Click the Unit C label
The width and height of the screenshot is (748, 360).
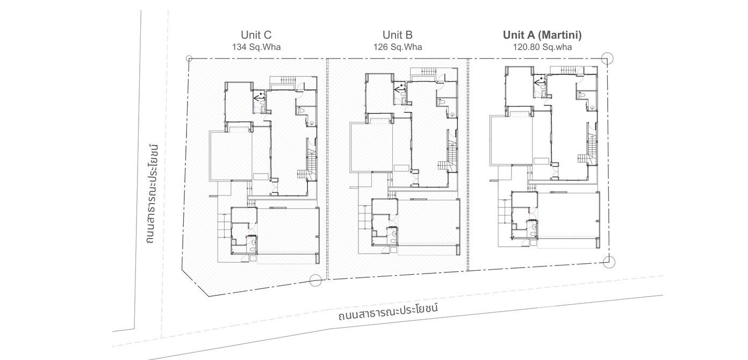click(256, 35)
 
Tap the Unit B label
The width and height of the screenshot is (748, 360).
click(398, 35)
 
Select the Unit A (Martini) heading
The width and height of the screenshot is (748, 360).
click(542, 35)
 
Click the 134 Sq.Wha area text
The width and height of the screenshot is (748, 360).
click(256, 47)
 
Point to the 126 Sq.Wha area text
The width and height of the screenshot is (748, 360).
click(398, 47)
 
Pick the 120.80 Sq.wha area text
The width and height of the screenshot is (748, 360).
click(542, 47)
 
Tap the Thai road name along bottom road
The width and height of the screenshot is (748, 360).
click(389, 312)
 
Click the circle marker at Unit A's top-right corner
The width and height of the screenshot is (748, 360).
click(607, 59)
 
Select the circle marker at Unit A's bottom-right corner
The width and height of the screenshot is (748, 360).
click(609, 262)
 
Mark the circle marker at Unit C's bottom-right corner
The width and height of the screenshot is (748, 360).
click(315, 279)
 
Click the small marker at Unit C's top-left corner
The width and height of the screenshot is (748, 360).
click(189, 58)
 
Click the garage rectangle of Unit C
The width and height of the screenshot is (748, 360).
click(287, 231)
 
